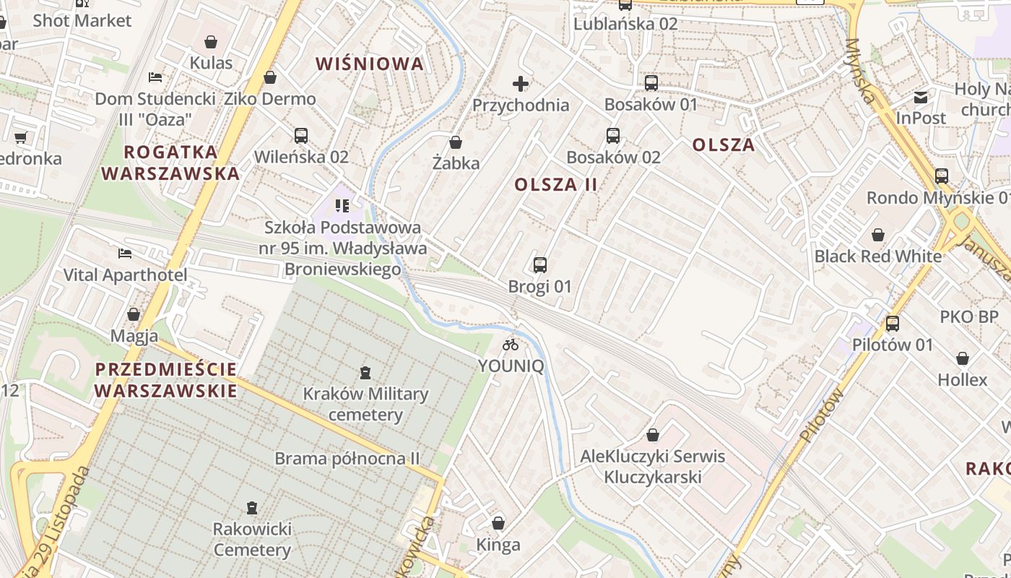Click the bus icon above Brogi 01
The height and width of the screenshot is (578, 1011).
[540, 264]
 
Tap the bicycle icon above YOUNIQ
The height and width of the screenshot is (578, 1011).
[511, 344]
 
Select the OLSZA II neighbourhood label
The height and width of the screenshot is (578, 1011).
[556, 184]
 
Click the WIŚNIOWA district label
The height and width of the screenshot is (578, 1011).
[370, 64]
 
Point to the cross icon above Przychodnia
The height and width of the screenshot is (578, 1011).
[521, 84]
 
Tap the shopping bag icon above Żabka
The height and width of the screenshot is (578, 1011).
[456, 142]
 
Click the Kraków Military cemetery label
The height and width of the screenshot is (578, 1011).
[365, 405]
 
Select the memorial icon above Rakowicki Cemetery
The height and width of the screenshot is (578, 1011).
[252, 508]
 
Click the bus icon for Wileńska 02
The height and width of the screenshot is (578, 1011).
[301, 135]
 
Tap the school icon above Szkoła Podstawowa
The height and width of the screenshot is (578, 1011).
[342, 206]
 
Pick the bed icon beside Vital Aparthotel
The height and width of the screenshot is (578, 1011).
[125, 254]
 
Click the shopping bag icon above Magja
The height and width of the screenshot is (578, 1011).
[134, 314]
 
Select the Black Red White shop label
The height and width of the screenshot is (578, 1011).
[878, 256]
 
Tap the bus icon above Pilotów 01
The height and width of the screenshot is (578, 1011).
[893, 323]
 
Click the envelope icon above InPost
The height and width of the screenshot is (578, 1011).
[921, 97]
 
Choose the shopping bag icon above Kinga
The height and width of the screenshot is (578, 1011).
[498, 523]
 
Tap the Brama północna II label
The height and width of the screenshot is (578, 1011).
[347, 459]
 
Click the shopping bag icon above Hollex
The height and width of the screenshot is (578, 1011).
[963, 358]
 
